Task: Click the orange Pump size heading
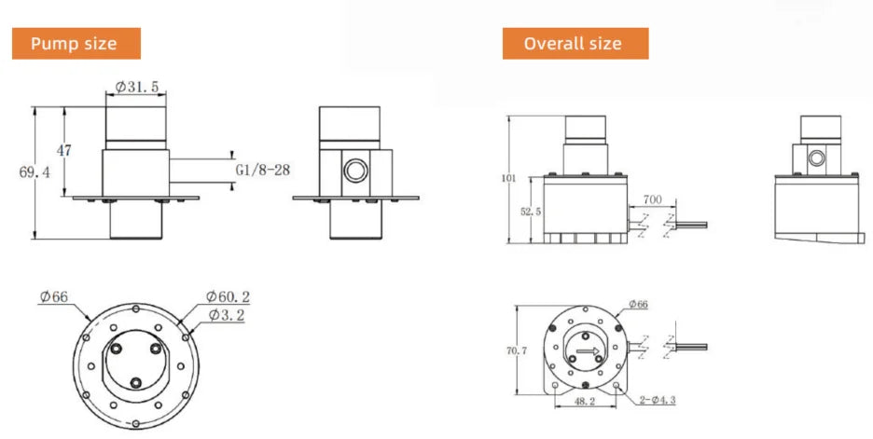pos(76,44)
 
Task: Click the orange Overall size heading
pos(575,44)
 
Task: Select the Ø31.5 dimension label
pos(137,87)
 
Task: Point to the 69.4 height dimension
pos(35,172)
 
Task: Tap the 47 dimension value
pos(64,150)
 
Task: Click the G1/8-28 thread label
pos(263,170)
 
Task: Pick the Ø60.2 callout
pos(228,296)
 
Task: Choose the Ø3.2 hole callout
pos(227,315)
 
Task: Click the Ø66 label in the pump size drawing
pos(53,296)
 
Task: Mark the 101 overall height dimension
pos(509,179)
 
